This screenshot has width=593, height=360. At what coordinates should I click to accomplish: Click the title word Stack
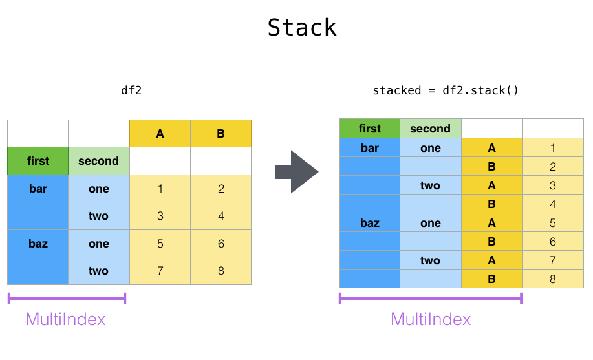click(302, 28)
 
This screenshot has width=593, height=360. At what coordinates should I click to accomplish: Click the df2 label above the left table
click(131, 90)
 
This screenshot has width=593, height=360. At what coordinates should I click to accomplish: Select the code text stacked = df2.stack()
click(446, 90)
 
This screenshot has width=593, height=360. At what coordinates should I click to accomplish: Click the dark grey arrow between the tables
click(297, 172)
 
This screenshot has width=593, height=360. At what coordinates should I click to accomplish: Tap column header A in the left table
click(160, 134)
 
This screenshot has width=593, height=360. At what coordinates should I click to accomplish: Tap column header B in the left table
click(221, 134)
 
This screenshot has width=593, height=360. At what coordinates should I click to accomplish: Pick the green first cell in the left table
click(38, 161)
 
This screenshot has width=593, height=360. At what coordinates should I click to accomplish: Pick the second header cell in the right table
click(430, 129)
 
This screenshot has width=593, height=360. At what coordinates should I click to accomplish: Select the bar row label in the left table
click(38, 189)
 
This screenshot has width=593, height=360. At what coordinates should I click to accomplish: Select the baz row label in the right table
click(370, 223)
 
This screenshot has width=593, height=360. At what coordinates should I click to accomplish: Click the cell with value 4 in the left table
click(221, 216)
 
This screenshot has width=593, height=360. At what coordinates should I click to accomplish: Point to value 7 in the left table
click(160, 271)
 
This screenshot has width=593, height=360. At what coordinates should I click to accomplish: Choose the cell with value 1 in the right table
click(552, 148)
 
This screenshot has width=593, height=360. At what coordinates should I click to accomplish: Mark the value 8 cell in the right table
click(552, 279)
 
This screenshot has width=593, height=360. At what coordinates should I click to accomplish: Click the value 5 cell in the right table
click(552, 223)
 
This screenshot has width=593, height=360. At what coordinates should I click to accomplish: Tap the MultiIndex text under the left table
click(65, 319)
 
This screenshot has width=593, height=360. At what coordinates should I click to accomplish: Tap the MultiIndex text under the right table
click(431, 319)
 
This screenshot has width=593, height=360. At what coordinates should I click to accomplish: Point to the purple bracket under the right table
click(430, 298)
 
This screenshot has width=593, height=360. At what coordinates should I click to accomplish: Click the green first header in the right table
click(370, 129)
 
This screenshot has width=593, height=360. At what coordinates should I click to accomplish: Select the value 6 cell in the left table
click(221, 244)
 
